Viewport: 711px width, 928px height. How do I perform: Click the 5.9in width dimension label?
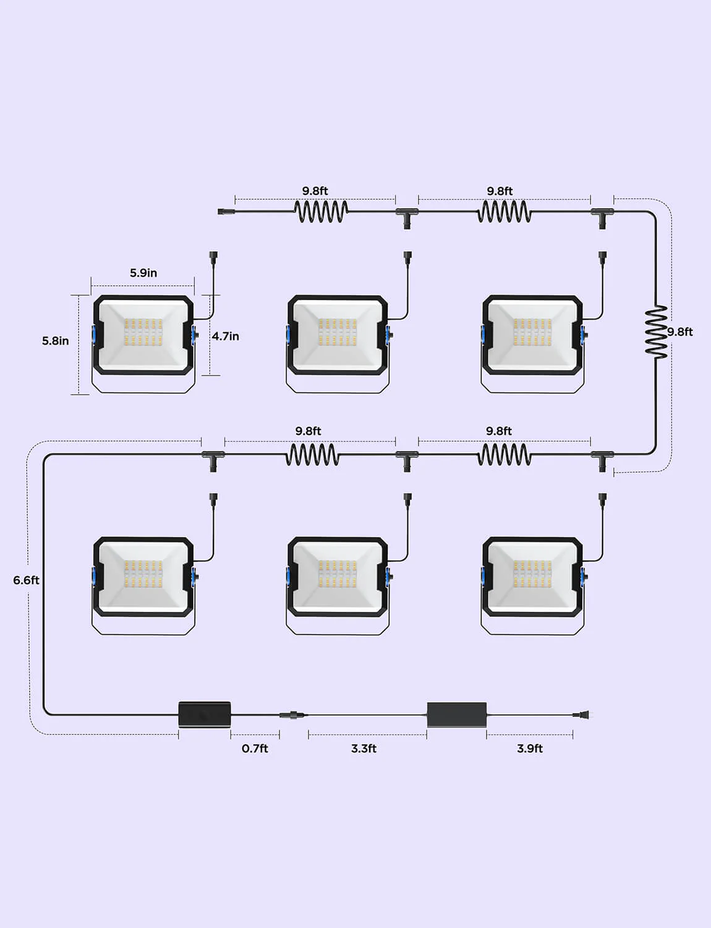point(143,273)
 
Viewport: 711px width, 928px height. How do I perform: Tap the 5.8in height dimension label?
point(56,341)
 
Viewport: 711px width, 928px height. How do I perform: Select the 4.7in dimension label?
point(225,336)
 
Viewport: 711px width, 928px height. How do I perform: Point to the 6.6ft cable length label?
point(26,580)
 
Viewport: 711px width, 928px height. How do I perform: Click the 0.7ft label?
point(255,749)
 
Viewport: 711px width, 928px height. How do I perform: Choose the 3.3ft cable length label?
point(364,749)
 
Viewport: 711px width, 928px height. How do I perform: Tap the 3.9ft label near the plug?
point(530,749)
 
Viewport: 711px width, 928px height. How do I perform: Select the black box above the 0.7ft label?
point(205,714)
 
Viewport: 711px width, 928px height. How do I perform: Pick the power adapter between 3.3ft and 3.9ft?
point(456,715)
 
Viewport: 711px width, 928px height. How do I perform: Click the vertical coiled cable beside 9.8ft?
point(656,330)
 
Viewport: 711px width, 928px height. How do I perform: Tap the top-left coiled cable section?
point(321,212)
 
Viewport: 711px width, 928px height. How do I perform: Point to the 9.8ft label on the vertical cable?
point(680,332)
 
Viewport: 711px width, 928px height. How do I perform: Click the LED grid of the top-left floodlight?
point(143,332)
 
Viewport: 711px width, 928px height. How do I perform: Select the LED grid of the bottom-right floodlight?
point(532,574)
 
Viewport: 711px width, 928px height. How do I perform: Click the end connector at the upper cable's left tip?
point(224,212)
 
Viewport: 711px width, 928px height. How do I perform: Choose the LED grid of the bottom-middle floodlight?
point(338,574)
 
